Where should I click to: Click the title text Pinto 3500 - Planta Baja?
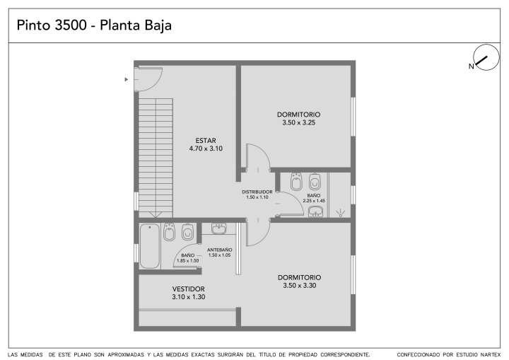(94, 25)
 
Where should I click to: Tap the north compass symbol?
(486, 57)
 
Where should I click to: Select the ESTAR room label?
(206, 141)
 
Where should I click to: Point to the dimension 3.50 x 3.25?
(298, 122)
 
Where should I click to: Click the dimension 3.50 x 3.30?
(299, 286)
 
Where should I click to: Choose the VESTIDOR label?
(188, 289)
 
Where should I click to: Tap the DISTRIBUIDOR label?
(257, 192)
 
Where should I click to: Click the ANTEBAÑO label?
(219, 250)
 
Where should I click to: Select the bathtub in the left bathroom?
(150, 245)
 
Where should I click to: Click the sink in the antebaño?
(219, 228)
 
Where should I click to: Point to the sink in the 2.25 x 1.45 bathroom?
(315, 211)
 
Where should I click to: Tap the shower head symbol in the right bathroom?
(340, 213)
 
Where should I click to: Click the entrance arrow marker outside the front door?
(127, 79)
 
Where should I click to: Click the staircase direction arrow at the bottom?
(156, 214)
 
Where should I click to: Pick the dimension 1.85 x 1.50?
(187, 260)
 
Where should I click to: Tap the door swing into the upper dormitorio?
(258, 157)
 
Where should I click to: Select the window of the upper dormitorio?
(353, 116)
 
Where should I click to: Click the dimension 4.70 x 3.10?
(206, 149)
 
